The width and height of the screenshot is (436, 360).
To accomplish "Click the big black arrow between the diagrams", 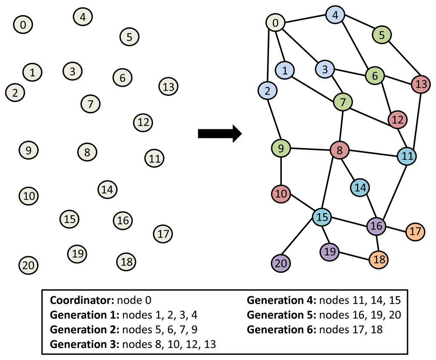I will coord(220,134).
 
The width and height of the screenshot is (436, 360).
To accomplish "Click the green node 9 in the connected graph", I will coord(281,149).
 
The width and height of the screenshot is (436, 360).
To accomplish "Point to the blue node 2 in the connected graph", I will coord(267,90).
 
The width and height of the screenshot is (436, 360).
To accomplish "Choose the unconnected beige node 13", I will coord(168,87).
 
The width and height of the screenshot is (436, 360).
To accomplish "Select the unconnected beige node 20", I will coord(29,266).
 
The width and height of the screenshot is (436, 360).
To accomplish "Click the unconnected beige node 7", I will coord(90,103).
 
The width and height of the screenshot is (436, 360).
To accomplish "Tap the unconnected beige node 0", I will coord(23,25).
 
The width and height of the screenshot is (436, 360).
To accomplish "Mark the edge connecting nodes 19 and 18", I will coord(354,255).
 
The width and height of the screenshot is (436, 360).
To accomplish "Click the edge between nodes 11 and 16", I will coord(393,191).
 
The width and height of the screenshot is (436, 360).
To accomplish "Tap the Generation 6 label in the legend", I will coord(281,329).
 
